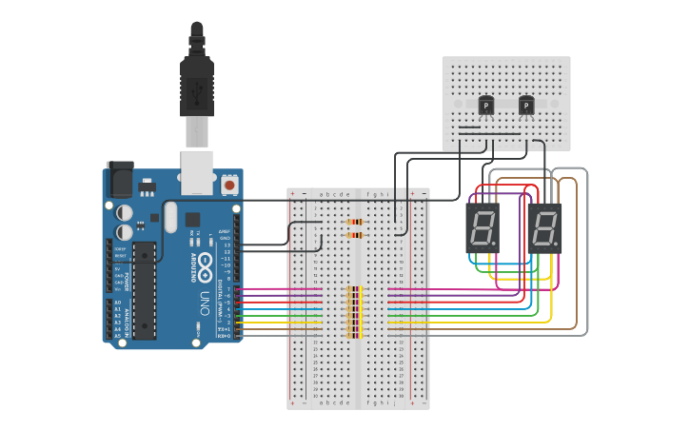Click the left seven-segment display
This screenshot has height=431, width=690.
[483, 227]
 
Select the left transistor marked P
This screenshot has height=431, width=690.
[486, 106]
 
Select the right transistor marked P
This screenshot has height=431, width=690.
[526, 106]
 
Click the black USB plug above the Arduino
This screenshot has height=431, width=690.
[196, 86]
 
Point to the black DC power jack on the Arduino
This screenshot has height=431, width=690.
[119, 178]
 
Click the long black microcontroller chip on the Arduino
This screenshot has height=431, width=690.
[144, 289]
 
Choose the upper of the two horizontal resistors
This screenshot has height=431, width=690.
[355, 222]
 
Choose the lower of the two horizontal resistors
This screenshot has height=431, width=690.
[355, 234]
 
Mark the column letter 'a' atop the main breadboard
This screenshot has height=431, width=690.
[321, 194]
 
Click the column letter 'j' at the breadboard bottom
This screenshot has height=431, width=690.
[397, 402]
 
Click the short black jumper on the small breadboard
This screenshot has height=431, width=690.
[470, 127]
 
